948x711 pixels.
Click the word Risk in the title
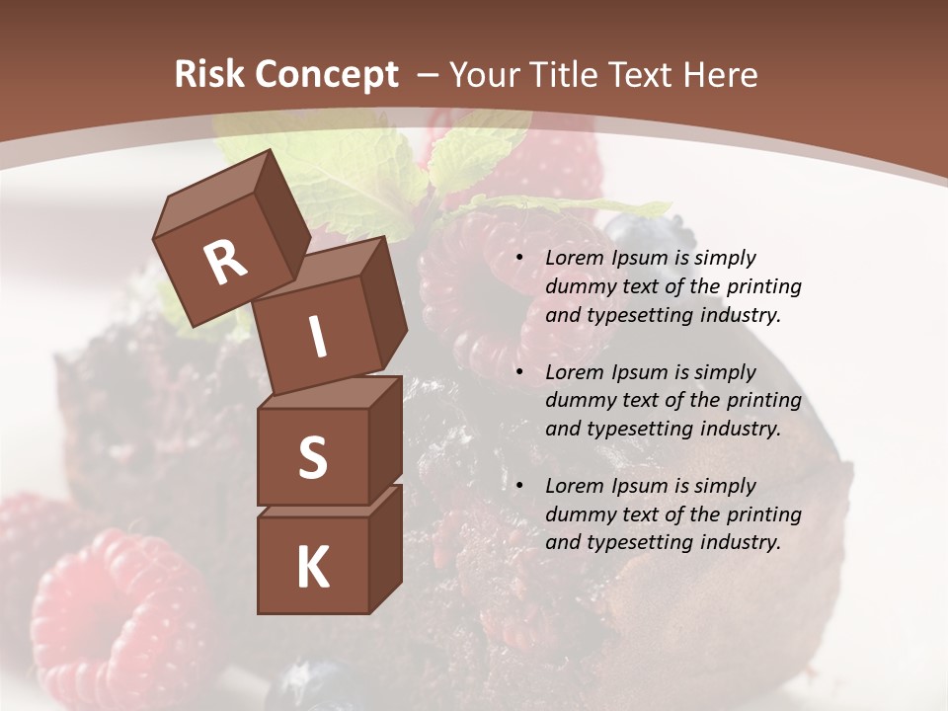(209, 74)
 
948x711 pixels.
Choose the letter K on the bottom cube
(312, 568)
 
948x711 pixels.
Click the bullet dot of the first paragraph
(519, 259)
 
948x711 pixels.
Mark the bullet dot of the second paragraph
(519, 373)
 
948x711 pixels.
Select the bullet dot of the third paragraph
(519, 487)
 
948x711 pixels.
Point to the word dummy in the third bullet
(578, 514)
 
